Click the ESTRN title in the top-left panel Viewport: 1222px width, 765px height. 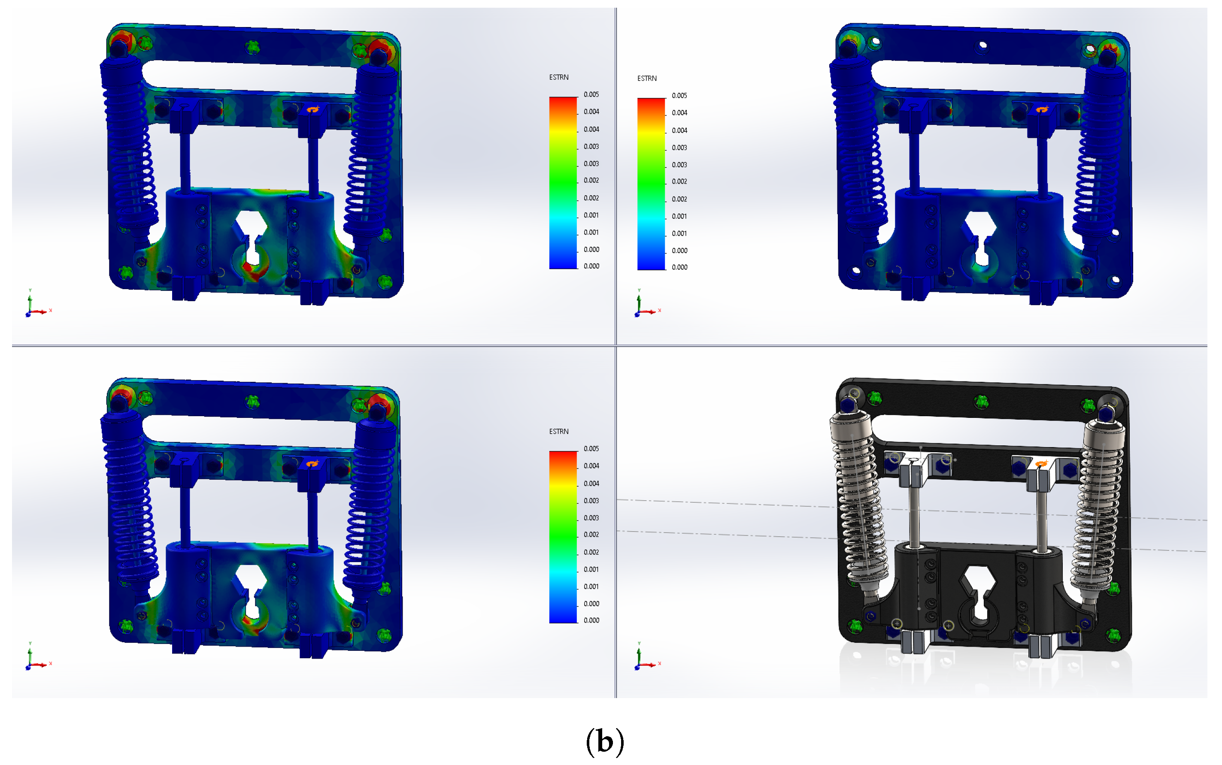click(558, 77)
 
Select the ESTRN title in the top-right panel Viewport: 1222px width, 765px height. click(647, 79)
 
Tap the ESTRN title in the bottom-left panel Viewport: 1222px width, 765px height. click(558, 432)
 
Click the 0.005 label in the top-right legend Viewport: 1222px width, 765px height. click(679, 96)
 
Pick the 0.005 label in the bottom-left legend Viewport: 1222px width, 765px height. click(591, 449)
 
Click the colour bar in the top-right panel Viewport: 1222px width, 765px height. click(651, 184)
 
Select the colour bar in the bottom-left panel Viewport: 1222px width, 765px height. click(563, 537)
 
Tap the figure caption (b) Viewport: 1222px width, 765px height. click(605, 741)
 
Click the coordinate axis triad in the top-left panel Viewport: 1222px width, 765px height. click(36, 304)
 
